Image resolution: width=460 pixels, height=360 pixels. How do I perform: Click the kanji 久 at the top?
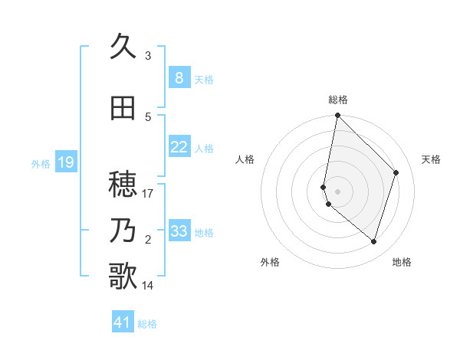pyautogui.click(x=123, y=47)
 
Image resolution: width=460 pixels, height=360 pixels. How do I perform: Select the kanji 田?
pyautogui.click(x=123, y=108)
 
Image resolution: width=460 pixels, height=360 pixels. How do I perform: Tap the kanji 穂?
pyautogui.click(x=123, y=185)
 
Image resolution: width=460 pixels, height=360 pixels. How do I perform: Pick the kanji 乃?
pyautogui.click(x=123, y=231)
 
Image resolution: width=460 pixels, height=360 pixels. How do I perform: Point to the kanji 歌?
pyautogui.click(x=123, y=277)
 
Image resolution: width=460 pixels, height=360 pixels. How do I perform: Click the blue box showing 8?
pyautogui.click(x=179, y=78)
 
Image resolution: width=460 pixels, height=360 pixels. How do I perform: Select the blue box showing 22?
pyautogui.click(x=179, y=147)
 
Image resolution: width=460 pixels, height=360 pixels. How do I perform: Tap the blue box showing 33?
pyautogui.click(x=179, y=231)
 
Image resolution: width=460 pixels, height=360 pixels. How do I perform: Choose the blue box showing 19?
pyautogui.click(x=65, y=162)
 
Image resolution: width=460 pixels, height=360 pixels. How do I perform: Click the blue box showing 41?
pyautogui.click(x=123, y=322)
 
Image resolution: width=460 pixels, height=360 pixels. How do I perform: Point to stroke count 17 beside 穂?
pyautogui.click(x=149, y=194)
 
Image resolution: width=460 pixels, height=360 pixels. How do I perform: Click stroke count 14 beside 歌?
pyautogui.click(x=149, y=286)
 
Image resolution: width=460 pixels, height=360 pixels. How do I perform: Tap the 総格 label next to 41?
pyautogui.click(x=147, y=324)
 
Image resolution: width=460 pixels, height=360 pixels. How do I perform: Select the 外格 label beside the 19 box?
pyautogui.click(x=41, y=163)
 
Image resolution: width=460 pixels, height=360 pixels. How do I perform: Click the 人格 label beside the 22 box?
pyautogui.click(x=204, y=148)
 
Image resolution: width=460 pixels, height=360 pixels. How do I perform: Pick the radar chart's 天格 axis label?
pyautogui.click(x=432, y=159)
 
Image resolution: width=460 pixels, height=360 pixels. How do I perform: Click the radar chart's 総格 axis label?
pyautogui.click(x=338, y=100)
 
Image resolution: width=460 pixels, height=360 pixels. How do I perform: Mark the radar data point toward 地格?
pyautogui.click(x=373, y=241)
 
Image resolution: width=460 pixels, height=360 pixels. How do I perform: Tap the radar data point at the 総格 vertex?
pyautogui.click(x=337, y=116)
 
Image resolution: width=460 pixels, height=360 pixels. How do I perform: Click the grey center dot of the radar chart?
pyautogui.click(x=338, y=191)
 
